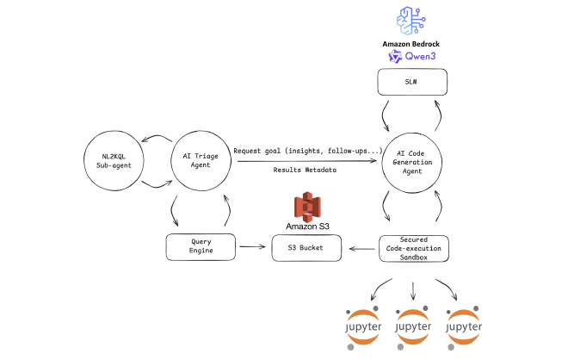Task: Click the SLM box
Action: [x=415, y=84]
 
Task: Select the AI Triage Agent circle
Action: [x=202, y=161]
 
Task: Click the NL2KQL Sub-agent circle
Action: [x=114, y=161]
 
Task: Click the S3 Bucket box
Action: [x=307, y=248]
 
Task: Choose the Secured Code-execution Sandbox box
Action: [x=415, y=248]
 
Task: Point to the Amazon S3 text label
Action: [x=307, y=227]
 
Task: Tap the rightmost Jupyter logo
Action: [x=466, y=327]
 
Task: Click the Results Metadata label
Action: [x=306, y=171]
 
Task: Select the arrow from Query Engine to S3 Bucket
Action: [x=252, y=248]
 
